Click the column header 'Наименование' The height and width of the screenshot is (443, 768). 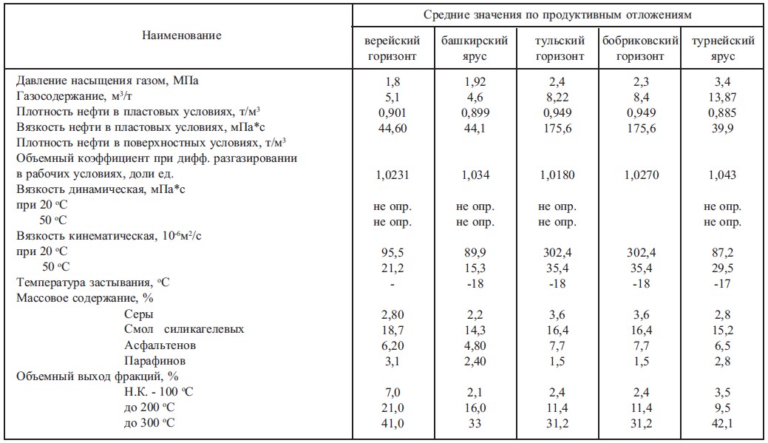pos(182,35)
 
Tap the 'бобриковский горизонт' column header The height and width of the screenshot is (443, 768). pos(641,48)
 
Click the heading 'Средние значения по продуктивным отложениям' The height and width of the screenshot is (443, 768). pos(557,15)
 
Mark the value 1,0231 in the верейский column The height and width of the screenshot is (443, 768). pos(393,175)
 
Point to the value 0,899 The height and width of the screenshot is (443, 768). pos(475,110)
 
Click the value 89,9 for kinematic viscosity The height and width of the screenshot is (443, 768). pos(474,251)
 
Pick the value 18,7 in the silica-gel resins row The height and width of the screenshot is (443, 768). pos(393,329)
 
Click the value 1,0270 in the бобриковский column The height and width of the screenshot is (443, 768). pos(641,175)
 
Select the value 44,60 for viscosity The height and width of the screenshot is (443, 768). pos(393,126)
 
